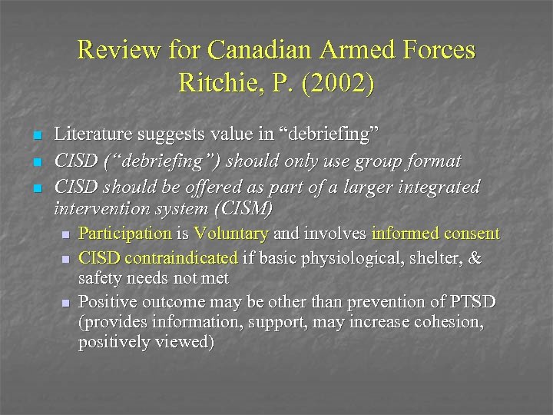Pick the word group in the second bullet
coord(380,161)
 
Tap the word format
coord(434,161)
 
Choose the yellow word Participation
coord(125,233)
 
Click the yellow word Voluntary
coord(230,233)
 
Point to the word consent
coord(470,233)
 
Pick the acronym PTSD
coord(473,300)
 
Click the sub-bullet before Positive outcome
coord(67,301)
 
